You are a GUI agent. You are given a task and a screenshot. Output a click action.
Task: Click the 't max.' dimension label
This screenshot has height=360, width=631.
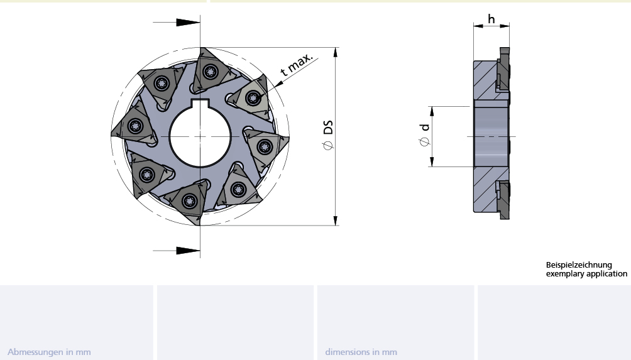pos(297,64)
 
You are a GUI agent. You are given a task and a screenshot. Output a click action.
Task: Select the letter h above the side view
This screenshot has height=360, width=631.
pos(491,18)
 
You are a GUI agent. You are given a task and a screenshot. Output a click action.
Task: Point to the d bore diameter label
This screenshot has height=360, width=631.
pos(425,128)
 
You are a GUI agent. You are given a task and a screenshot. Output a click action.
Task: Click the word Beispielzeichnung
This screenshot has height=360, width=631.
pos(579,265)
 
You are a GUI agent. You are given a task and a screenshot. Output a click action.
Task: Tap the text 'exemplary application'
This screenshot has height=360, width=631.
pos(586,274)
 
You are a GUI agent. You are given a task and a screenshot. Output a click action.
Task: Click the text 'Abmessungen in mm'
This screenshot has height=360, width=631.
pos(49,352)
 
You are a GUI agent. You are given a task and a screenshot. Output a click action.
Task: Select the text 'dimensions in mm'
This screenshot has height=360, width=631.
pos(361,352)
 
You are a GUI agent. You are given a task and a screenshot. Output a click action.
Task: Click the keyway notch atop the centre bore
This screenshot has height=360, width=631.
pos(200,104)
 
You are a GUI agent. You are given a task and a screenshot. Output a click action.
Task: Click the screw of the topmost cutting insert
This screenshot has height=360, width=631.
pos(210,72)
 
